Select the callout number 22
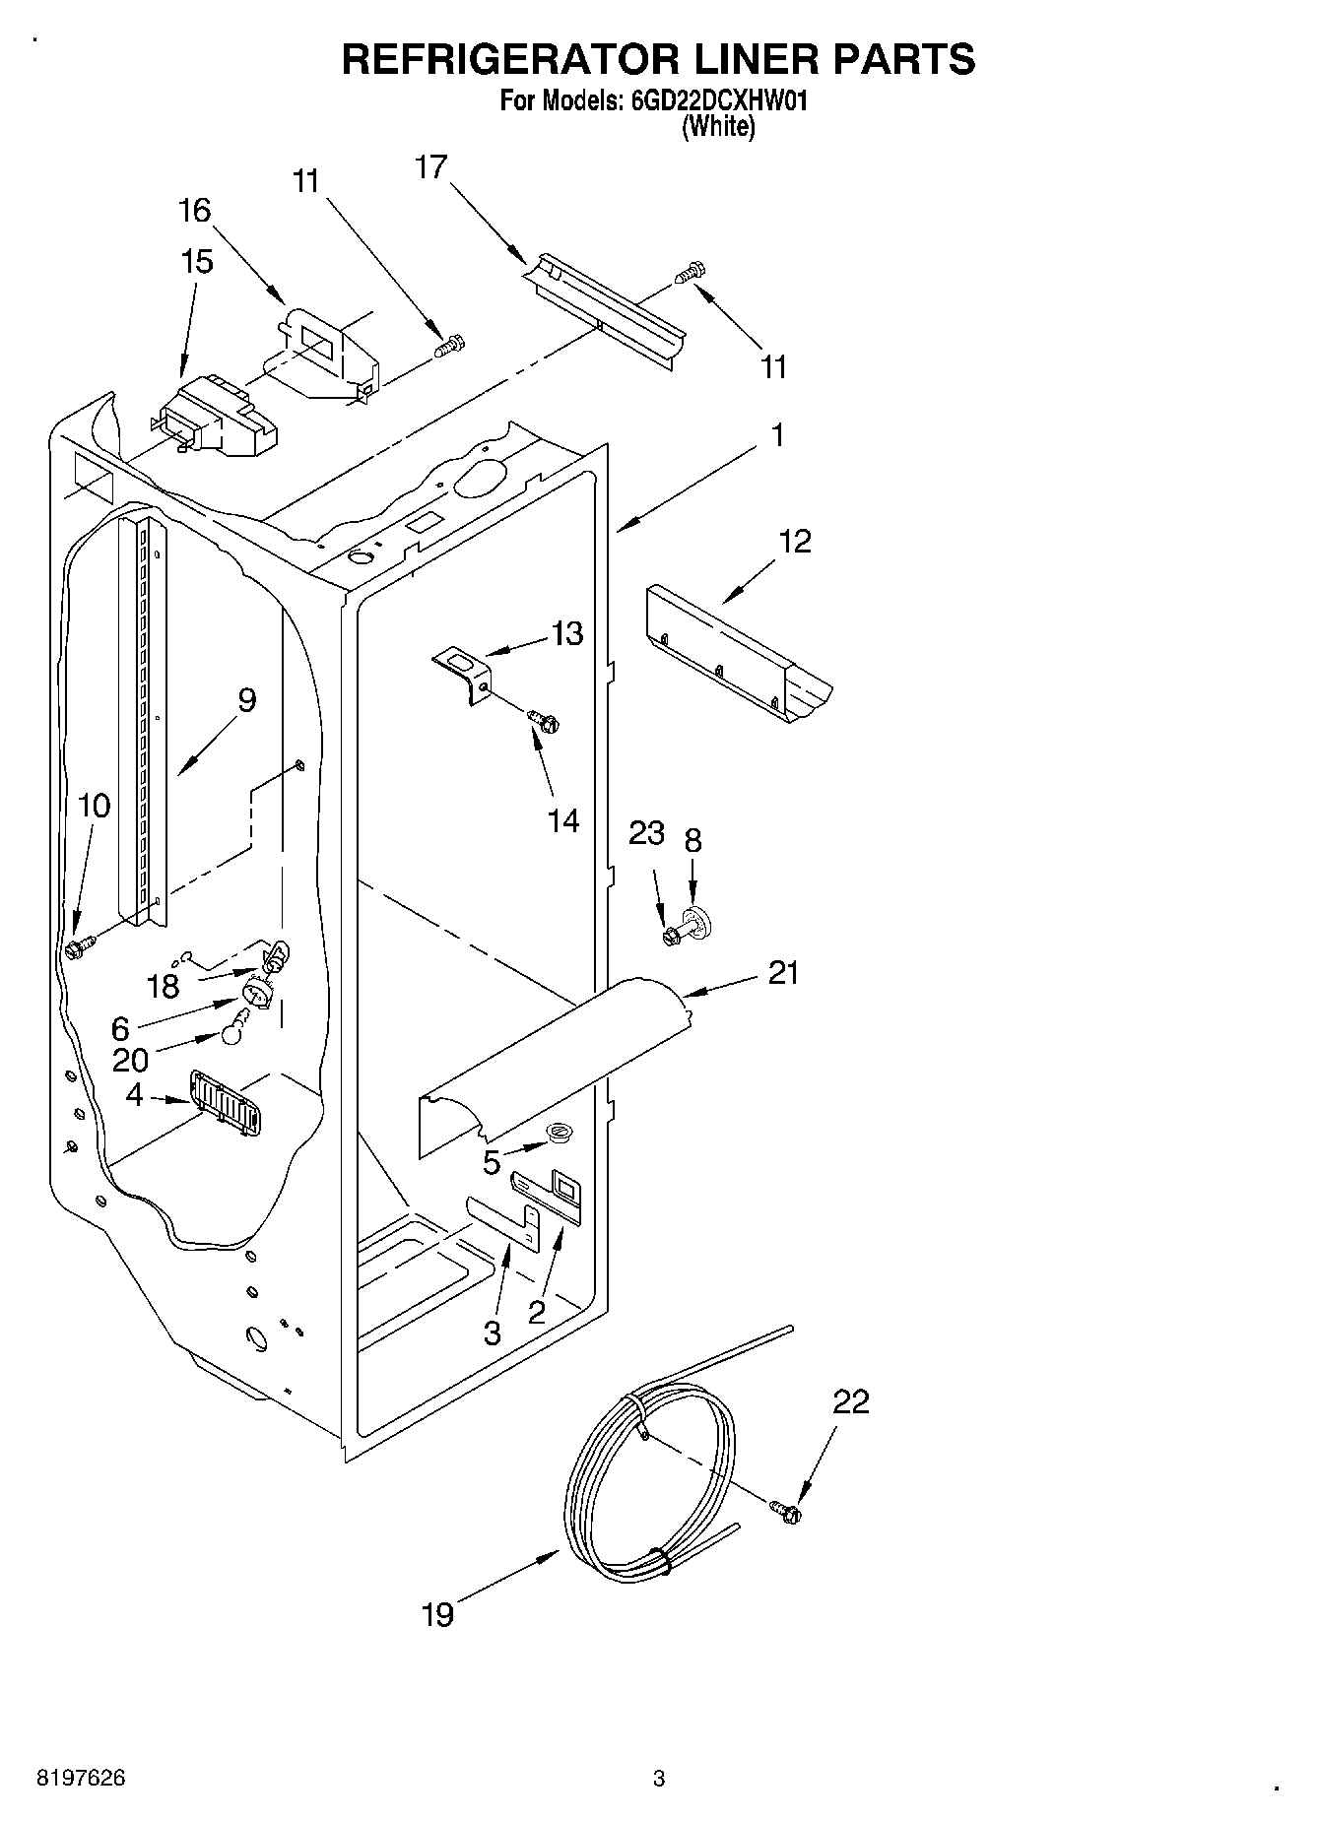pos(851,1400)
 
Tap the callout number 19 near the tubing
pos(438,1614)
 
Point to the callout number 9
pos(246,700)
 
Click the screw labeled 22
pos(786,1510)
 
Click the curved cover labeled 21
pos(552,1064)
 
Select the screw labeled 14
pos(542,721)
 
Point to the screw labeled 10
pos(78,948)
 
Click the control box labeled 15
pos(215,419)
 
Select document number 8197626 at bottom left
pos(81,1779)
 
